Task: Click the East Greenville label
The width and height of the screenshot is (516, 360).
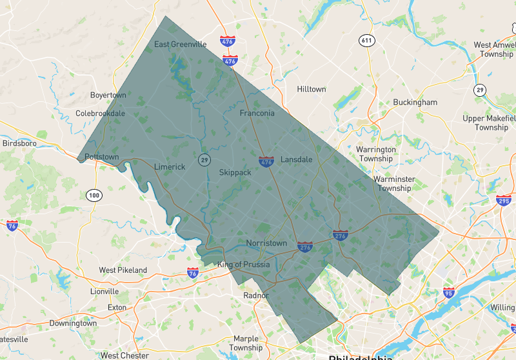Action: [x=181, y=45]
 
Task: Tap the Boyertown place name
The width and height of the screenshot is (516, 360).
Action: [x=108, y=95]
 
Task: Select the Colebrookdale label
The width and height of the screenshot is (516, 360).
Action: [x=101, y=113]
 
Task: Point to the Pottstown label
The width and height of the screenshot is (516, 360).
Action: [x=102, y=157]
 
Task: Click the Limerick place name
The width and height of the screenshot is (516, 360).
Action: [x=170, y=166]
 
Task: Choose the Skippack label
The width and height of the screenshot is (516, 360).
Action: [x=235, y=172]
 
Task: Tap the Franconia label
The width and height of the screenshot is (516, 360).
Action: [x=257, y=113]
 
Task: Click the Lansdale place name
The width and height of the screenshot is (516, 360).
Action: [x=296, y=159]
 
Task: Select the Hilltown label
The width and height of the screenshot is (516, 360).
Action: [x=312, y=89]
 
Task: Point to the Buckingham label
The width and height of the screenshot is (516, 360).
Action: [x=415, y=102]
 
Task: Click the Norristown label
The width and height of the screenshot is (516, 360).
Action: [x=266, y=243]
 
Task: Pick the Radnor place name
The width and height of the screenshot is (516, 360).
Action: [x=256, y=295]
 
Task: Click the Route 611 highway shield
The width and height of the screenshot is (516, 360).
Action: [x=367, y=41]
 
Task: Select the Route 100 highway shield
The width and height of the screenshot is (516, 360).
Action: [x=94, y=195]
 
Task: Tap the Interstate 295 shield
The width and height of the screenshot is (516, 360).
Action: [x=504, y=201]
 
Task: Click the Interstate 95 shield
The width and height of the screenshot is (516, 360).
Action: [x=448, y=292]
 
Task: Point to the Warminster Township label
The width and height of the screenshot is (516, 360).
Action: [x=394, y=184]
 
